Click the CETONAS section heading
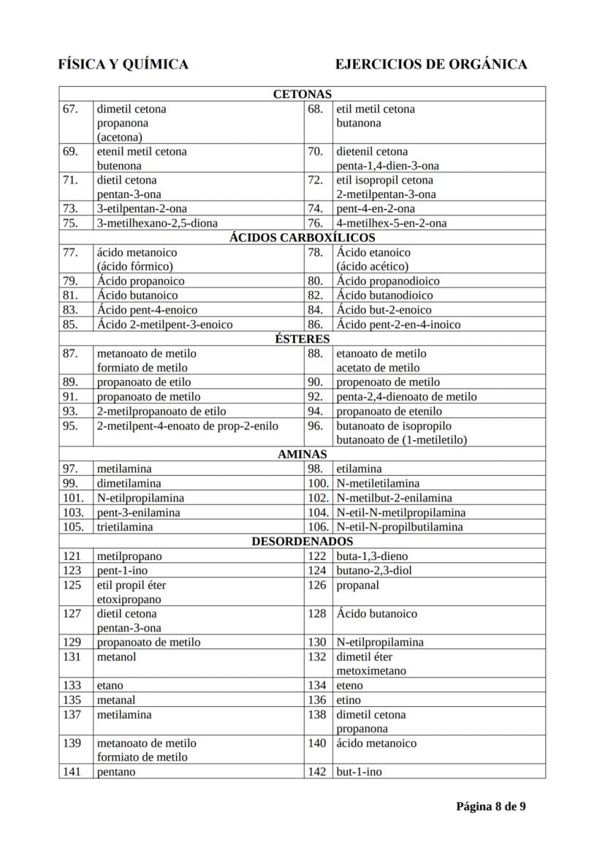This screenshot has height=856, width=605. [x=302, y=94]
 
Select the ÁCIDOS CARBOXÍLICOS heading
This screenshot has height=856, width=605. [x=302, y=238]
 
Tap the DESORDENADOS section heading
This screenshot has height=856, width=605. [x=302, y=542]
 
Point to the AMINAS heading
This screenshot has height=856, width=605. [x=302, y=454]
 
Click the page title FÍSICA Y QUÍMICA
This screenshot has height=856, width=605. [x=123, y=64]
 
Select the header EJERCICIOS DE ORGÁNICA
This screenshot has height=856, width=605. [x=431, y=64]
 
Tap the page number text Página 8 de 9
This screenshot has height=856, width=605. [x=491, y=806]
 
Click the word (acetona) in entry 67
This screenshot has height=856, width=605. [x=120, y=137]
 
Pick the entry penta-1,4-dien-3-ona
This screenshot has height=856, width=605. [x=387, y=166]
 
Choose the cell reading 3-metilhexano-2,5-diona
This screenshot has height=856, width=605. [x=157, y=223]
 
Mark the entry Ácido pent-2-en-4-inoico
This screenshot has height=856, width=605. [x=398, y=325]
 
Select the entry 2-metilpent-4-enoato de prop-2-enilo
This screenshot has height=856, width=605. [x=188, y=425]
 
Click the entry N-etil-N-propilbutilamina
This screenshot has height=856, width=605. [x=399, y=526]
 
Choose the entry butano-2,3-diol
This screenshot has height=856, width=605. [x=373, y=570]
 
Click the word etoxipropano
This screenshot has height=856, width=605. [x=129, y=599]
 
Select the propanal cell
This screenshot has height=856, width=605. [x=358, y=585]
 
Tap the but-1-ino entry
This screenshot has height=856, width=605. [x=359, y=772]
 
